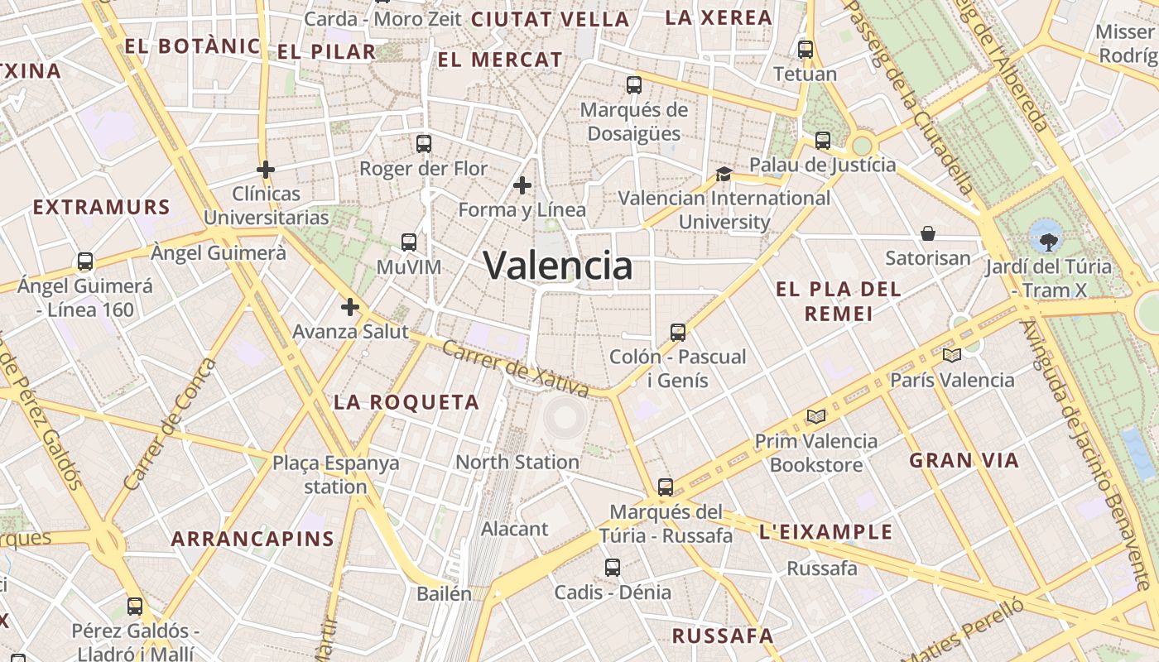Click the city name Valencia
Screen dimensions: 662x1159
click(x=558, y=266)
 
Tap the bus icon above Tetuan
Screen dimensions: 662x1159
click(x=806, y=50)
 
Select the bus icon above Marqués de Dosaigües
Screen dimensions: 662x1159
click(x=634, y=84)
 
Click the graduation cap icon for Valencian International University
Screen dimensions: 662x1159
click(x=724, y=174)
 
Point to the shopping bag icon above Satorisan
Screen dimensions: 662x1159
click(x=928, y=234)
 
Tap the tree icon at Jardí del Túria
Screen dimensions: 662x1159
click(x=1048, y=242)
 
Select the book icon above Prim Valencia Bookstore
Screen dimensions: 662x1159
click(x=816, y=416)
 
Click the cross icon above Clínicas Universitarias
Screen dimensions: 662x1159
click(x=266, y=170)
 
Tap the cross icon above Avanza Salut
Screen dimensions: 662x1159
click(x=350, y=308)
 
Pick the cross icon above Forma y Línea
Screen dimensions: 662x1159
click(x=522, y=185)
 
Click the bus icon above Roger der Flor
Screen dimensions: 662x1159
click(x=424, y=144)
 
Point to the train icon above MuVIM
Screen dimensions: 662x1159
click(x=409, y=242)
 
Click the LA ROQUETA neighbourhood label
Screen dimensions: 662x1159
click(x=406, y=403)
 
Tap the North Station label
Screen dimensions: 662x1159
click(x=517, y=462)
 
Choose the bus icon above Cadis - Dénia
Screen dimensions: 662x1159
click(x=613, y=568)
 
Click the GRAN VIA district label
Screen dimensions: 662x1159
click(x=964, y=461)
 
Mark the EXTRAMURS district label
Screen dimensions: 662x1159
click(x=102, y=207)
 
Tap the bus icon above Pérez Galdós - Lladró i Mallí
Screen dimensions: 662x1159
click(x=135, y=607)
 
